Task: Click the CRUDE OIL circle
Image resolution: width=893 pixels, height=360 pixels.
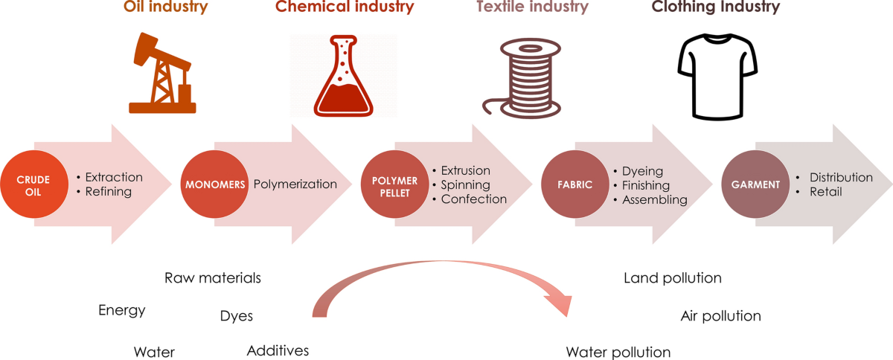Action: tap(34, 184)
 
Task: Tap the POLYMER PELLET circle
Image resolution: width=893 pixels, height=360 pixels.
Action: tap(394, 184)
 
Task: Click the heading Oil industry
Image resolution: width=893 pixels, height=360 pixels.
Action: tap(165, 8)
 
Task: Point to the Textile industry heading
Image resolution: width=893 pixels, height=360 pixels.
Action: tap(532, 8)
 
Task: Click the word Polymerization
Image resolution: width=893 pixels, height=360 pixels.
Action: tap(295, 184)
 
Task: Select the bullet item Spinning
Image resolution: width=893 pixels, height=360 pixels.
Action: tap(465, 184)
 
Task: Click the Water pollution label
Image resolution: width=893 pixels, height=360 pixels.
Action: tap(618, 352)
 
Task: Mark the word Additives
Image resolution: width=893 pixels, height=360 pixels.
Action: tap(278, 350)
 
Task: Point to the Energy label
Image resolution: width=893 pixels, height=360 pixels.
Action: tap(122, 310)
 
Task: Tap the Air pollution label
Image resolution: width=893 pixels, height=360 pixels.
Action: tap(720, 316)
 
